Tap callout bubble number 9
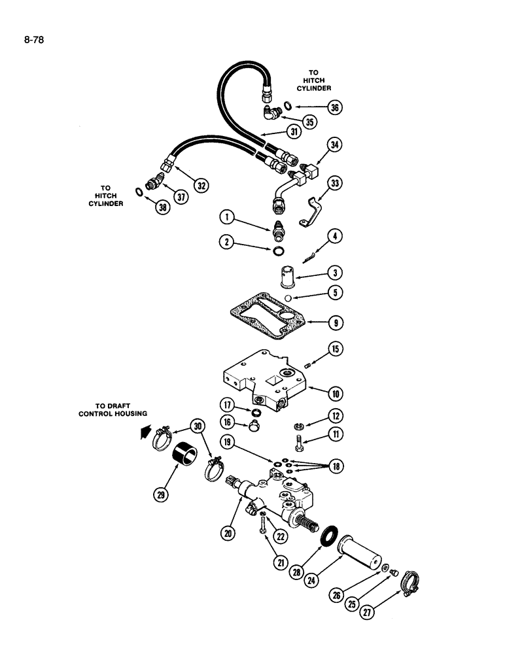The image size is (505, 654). click(336, 322)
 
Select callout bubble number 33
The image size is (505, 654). click(336, 185)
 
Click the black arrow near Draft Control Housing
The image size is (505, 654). click(145, 432)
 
